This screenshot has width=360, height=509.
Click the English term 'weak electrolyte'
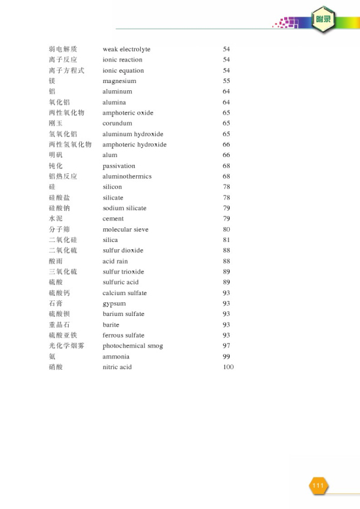click(x=126, y=49)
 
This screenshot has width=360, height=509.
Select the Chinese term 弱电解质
click(x=63, y=49)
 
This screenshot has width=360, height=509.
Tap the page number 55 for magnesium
click(x=226, y=81)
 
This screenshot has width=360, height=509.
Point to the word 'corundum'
click(x=117, y=123)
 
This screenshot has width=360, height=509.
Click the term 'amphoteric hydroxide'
click(x=134, y=145)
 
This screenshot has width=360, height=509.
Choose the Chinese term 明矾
click(x=56, y=155)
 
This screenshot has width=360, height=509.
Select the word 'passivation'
click(x=119, y=166)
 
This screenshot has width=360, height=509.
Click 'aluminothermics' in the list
click(x=127, y=177)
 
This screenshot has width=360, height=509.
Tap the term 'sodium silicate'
click(x=124, y=208)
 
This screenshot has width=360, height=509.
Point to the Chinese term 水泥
click(x=56, y=219)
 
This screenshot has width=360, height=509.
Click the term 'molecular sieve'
click(x=126, y=230)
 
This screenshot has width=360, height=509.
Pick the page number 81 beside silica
click(x=226, y=240)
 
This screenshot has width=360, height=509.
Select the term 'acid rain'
click(x=115, y=261)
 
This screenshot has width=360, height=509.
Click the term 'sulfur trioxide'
click(x=123, y=272)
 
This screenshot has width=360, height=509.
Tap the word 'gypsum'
click(x=114, y=304)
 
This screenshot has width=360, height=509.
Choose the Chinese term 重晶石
click(x=59, y=325)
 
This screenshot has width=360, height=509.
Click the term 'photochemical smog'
click(x=133, y=345)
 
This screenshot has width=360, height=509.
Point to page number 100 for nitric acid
click(x=228, y=367)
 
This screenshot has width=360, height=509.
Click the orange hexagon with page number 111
click(x=318, y=485)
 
